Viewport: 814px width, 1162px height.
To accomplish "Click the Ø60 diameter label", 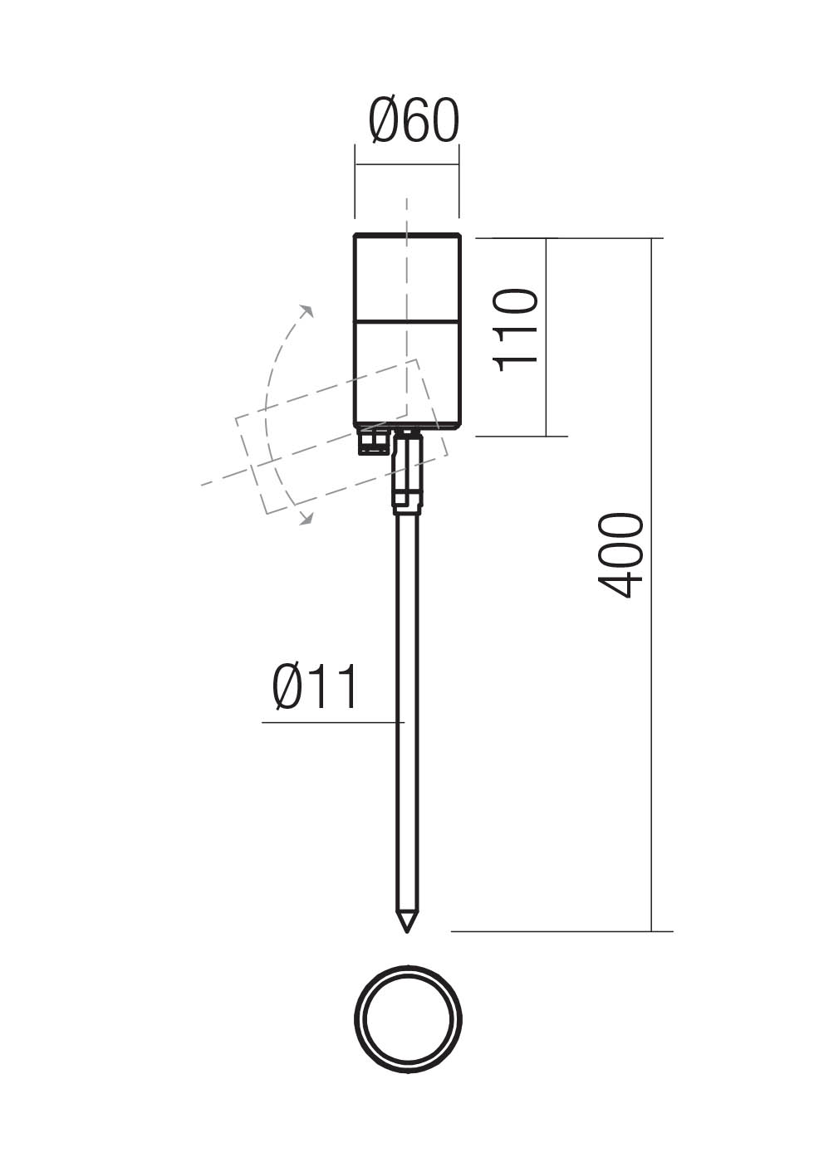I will click(x=414, y=121).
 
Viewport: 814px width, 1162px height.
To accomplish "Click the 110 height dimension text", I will click(x=516, y=330).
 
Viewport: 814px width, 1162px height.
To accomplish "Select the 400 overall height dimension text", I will click(x=621, y=554).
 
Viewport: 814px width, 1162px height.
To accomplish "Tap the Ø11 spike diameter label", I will click(x=316, y=687).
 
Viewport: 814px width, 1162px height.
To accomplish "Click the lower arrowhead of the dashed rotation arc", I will click(x=306, y=520).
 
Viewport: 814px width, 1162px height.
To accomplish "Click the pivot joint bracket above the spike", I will click(x=408, y=473).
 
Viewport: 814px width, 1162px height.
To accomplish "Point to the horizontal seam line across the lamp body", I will click(x=407, y=321).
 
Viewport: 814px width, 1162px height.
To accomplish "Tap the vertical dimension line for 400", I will click(x=652, y=747).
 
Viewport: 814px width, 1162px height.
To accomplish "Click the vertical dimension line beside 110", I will click(x=546, y=382).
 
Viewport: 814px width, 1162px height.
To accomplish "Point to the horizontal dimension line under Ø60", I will click(x=407, y=164).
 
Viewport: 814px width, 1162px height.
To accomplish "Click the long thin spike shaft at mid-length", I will click(x=407, y=714).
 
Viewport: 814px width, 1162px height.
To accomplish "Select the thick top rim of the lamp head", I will click(x=407, y=236).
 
